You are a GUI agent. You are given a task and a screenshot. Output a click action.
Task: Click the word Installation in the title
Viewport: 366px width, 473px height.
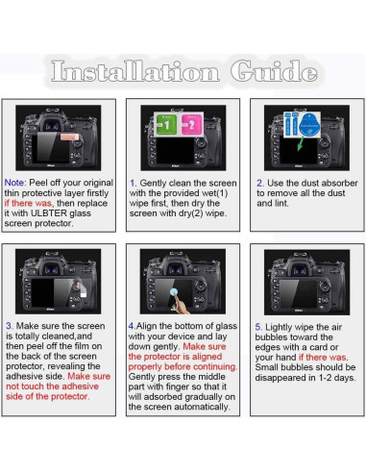[x=135, y=71]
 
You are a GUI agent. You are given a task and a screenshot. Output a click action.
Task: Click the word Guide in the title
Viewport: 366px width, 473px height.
[x=274, y=70]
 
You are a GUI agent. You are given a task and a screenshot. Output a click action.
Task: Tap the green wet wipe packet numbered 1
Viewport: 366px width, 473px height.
[x=166, y=124]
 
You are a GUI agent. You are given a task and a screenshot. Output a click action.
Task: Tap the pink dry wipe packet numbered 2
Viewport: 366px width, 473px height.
[x=191, y=124]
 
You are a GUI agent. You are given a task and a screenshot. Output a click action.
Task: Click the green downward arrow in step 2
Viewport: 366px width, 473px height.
[x=301, y=143]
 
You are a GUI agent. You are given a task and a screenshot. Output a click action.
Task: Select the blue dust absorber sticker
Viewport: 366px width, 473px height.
[x=309, y=124]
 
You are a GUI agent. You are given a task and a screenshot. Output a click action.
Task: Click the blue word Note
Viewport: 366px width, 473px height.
[x=15, y=183]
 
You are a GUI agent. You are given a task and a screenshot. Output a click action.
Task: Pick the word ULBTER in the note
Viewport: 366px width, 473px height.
[x=49, y=213]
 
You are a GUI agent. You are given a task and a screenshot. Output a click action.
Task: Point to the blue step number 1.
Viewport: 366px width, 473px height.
[x=133, y=183]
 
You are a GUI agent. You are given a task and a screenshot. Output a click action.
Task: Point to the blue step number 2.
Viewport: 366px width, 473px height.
[x=260, y=183]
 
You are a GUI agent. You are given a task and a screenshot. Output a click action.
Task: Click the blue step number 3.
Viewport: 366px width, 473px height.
[x=10, y=326]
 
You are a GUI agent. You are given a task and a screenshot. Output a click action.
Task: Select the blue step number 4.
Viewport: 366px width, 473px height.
[x=132, y=326]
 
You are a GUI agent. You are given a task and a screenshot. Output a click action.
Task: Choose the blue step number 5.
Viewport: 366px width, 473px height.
[x=258, y=327]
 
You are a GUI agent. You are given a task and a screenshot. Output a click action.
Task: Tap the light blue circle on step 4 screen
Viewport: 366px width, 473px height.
[x=174, y=291]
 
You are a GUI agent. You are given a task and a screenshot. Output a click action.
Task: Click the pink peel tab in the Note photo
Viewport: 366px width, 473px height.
[x=69, y=137]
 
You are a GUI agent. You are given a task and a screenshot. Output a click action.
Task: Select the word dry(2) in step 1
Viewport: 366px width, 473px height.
[x=191, y=213]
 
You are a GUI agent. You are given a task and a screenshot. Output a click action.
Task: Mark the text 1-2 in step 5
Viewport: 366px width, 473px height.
[x=326, y=378]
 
